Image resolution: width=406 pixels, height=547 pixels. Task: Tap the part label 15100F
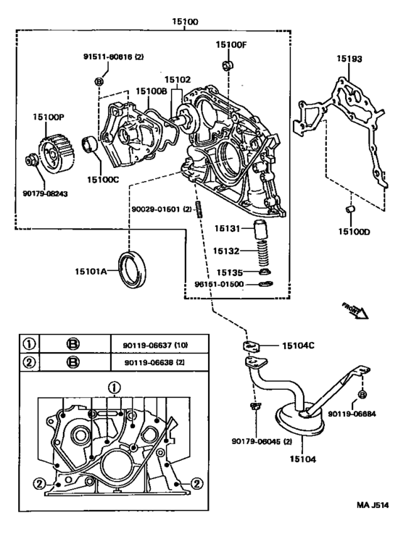point(231,46)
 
